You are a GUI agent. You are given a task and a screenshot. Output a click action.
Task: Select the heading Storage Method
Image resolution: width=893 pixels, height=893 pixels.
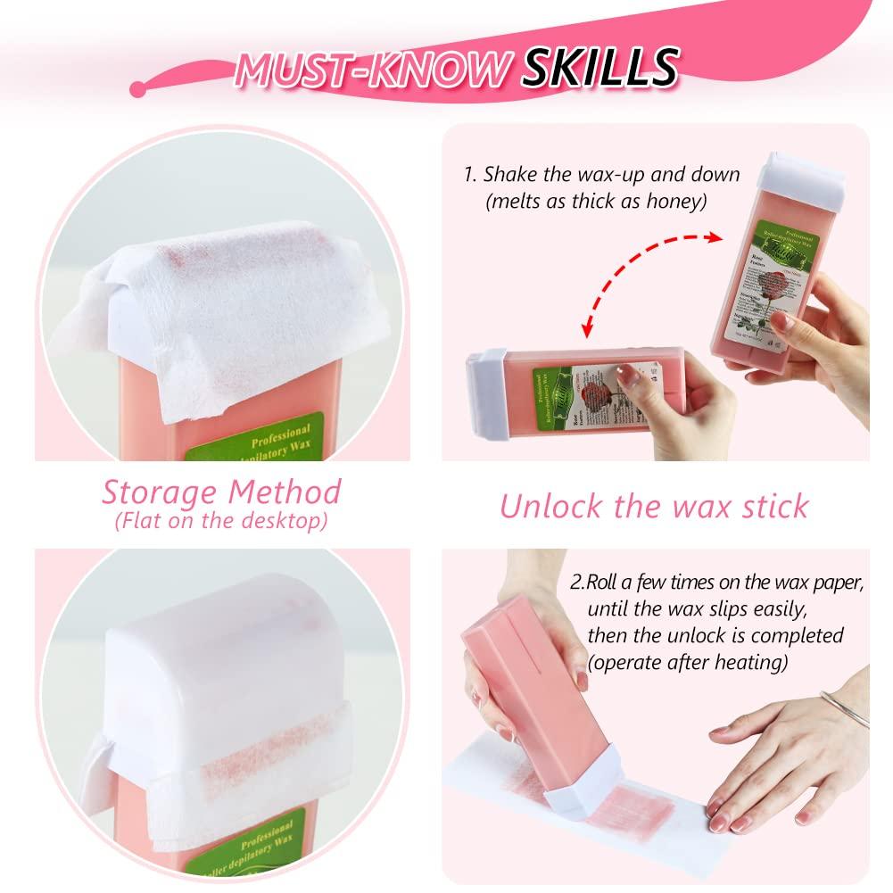click(220, 492)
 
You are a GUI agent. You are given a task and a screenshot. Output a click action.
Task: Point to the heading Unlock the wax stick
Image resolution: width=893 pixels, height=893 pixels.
click(654, 505)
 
